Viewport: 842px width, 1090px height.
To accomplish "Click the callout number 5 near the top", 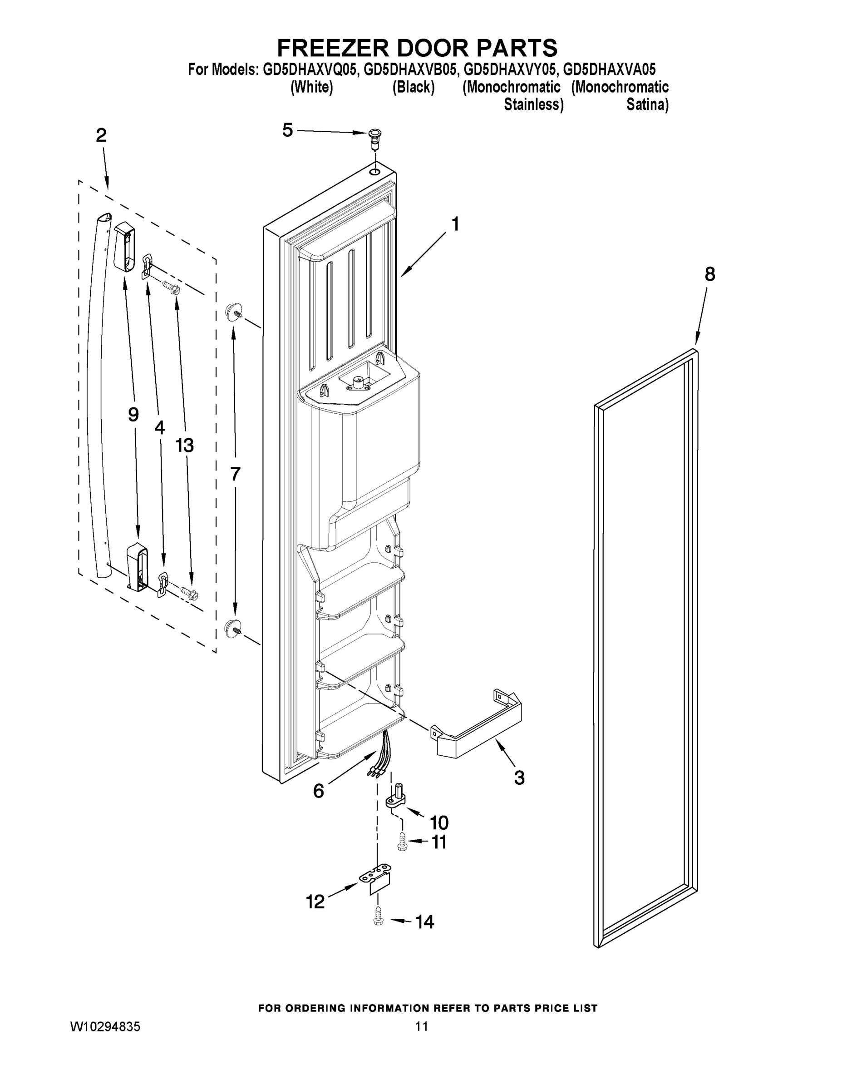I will (287, 130).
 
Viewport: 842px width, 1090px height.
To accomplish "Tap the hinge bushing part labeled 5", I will (374, 137).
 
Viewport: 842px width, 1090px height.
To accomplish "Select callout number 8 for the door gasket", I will (709, 274).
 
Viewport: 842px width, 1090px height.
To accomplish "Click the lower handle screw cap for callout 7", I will (232, 629).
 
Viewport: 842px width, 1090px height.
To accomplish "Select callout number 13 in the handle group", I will (184, 445).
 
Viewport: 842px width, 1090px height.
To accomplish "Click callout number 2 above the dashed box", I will (101, 135).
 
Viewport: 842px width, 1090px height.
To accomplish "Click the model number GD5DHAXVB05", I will (409, 69).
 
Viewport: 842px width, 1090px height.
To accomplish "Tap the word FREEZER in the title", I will (333, 48).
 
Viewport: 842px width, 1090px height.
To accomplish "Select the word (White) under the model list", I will (311, 87).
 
